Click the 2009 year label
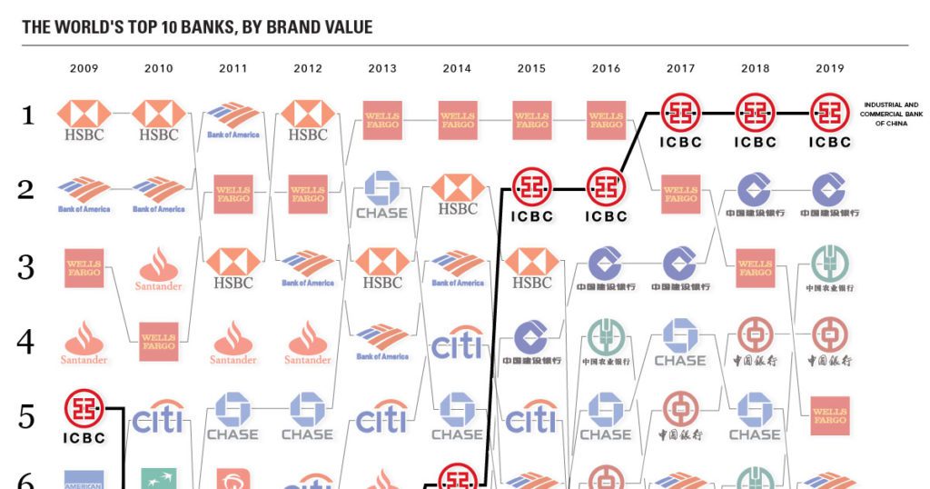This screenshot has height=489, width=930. pos(84,68)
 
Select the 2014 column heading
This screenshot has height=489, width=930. pos(457,68)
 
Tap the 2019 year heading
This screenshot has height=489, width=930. pos(829,68)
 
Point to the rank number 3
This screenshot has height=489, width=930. pos(27,268)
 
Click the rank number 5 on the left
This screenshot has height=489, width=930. pos(27,417)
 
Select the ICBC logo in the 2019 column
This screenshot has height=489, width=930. pos(829,120)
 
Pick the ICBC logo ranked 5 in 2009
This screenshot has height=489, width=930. pos(84,416)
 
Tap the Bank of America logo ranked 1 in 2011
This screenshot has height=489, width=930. pos(233,120)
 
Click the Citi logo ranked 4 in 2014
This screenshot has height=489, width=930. pos(457,344)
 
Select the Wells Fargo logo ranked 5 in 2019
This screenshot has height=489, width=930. pos(829,416)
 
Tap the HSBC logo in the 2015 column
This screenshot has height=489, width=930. pos(531,269)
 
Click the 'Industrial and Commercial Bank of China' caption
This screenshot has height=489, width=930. pos(889,114)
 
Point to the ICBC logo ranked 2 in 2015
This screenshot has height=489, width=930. pos(531,195)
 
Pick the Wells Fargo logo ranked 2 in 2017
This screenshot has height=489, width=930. pos(680,195)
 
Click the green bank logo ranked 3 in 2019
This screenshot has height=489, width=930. pos(829,267)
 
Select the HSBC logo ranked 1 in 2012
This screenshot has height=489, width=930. pos(308,120)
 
